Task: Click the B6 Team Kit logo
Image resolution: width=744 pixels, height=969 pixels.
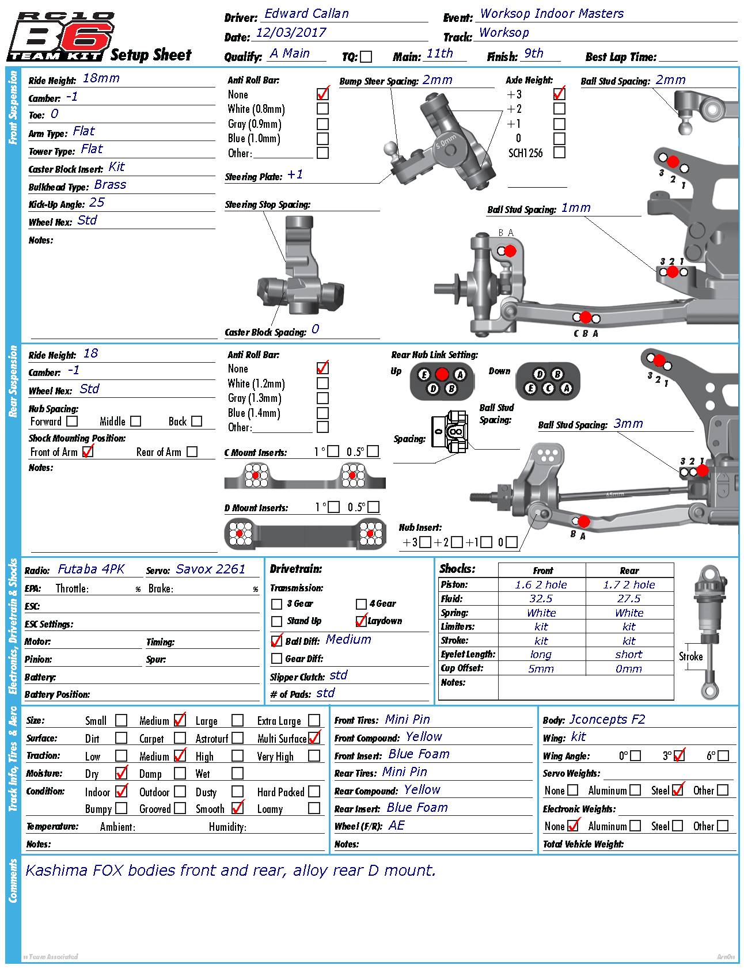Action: (60, 36)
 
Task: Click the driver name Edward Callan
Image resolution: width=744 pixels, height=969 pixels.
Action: (306, 14)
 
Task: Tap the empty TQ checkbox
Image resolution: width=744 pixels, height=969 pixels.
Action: (366, 56)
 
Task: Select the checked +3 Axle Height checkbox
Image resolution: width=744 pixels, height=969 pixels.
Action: (559, 94)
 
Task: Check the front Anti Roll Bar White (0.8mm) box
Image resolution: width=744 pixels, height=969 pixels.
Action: (322, 108)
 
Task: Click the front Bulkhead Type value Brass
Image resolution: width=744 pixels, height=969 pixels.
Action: (110, 185)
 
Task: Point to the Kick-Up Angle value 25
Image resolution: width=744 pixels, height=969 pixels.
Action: (97, 203)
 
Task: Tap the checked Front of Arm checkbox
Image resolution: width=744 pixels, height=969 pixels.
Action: (88, 452)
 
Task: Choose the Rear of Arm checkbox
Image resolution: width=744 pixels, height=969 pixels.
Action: (192, 452)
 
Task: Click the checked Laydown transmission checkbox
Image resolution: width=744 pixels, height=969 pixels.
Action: (361, 621)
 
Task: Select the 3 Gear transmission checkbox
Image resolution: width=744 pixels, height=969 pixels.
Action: (276, 604)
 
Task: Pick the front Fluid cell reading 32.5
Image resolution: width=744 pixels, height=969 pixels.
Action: (541, 599)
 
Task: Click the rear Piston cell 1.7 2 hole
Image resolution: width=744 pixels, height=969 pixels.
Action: (629, 585)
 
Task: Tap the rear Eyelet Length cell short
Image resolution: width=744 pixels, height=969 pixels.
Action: (629, 655)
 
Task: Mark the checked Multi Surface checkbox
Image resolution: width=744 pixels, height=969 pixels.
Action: (314, 738)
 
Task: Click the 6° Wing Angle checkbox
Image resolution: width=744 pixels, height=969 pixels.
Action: (723, 755)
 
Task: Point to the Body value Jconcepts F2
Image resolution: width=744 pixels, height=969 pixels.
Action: (607, 720)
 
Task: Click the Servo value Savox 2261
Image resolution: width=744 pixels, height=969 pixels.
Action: (210, 569)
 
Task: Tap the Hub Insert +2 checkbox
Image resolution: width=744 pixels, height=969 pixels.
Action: (456, 542)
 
